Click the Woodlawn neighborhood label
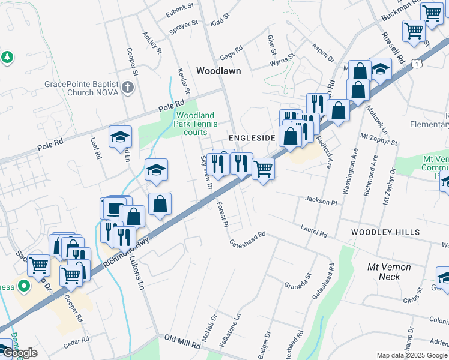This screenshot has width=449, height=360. point(218,71)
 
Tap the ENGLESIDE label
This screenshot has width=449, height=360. point(252,138)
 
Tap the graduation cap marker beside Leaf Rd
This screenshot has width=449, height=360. point(120,137)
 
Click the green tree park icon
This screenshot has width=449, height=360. point(7,58)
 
